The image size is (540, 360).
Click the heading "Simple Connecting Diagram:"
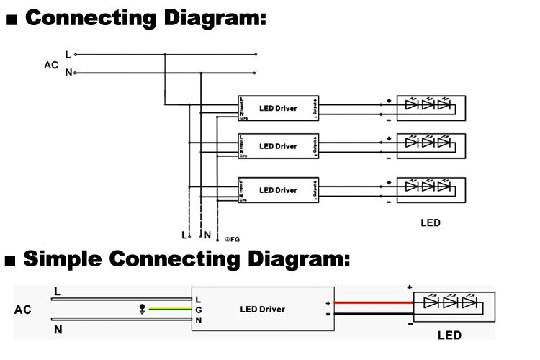(x=187, y=258)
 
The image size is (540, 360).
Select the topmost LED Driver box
(x=278, y=109)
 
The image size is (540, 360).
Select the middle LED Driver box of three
(x=278, y=146)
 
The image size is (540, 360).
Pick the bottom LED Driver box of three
(x=278, y=190)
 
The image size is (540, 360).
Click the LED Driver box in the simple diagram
(x=262, y=309)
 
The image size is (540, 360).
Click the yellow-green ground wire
(x=169, y=309)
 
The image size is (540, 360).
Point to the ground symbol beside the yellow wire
(x=142, y=310)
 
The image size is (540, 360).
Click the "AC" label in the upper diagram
(x=50, y=64)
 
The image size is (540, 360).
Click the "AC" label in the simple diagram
(x=23, y=310)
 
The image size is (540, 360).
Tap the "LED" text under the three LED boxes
(x=430, y=223)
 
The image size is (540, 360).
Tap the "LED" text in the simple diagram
(x=449, y=336)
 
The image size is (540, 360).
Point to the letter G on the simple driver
(x=198, y=309)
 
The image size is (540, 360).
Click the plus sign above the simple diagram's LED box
(x=410, y=287)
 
